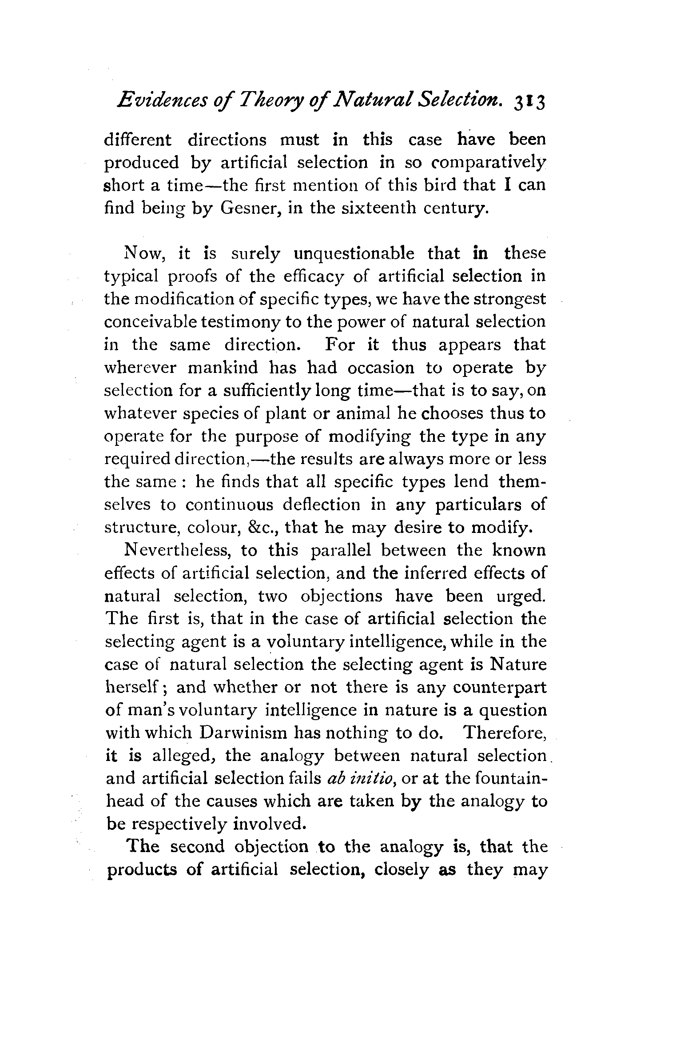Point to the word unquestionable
(x=354, y=254)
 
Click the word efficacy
(x=316, y=276)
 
